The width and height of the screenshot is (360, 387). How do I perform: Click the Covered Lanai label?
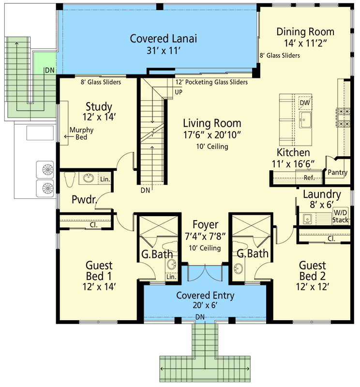pyautogui.click(x=159, y=38)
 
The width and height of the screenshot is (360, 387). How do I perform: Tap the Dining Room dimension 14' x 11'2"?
pyautogui.click(x=305, y=44)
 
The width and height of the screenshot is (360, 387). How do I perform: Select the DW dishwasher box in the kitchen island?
pyautogui.click(x=304, y=103)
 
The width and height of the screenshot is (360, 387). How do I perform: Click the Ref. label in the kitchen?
pyautogui.click(x=309, y=178)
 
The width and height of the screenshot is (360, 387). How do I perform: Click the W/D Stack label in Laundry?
pyautogui.click(x=340, y=217)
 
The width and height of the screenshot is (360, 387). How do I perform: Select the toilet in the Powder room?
pyautogui.click(x=68, y=179)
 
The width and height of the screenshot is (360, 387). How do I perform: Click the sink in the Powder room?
pyautogui.click(x=89, y=179)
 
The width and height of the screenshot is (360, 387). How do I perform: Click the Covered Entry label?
pyautogui.click(x=205, y=296)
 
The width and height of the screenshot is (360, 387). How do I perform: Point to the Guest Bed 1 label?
pyautogui.click(x=99, y=271)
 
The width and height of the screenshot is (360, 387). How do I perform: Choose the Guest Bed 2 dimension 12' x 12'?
pyautogui.click(x=312, y=286)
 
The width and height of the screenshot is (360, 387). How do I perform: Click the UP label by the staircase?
pyautogui.click(x=179, y=91)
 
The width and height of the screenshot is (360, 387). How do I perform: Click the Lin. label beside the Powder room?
pyautogui.click(x=105, y=179)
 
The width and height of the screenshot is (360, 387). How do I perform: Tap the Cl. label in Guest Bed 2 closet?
pyautogui.click(x=331, y=238)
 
